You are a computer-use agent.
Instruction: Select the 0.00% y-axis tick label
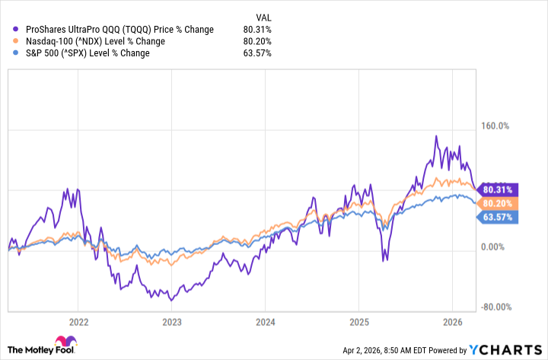click(499, 247)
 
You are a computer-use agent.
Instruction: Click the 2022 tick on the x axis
click(78, 321)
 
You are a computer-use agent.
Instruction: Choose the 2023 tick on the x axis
click(172, 321)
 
